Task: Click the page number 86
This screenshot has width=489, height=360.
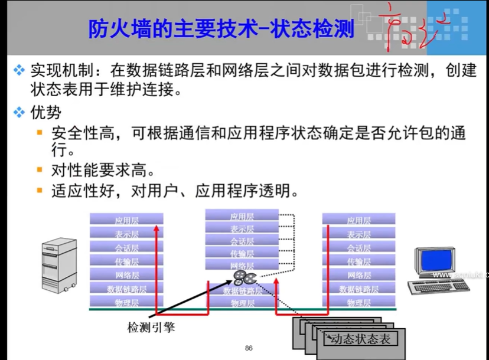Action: pos(249,348)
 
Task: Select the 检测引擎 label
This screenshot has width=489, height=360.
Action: pos(151,326)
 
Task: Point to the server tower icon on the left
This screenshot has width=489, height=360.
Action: pos(60,263)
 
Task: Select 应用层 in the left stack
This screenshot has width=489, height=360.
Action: pos(126,221)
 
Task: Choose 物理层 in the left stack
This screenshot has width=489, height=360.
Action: pos(126,303)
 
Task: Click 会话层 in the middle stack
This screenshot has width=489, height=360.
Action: pos(242,241)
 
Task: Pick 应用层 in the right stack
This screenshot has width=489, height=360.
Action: pos(359,221)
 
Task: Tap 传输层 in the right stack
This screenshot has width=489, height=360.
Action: pos(359,261)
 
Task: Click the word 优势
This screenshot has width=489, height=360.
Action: pos(45,111)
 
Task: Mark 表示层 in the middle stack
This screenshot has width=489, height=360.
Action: pos(242,229)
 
